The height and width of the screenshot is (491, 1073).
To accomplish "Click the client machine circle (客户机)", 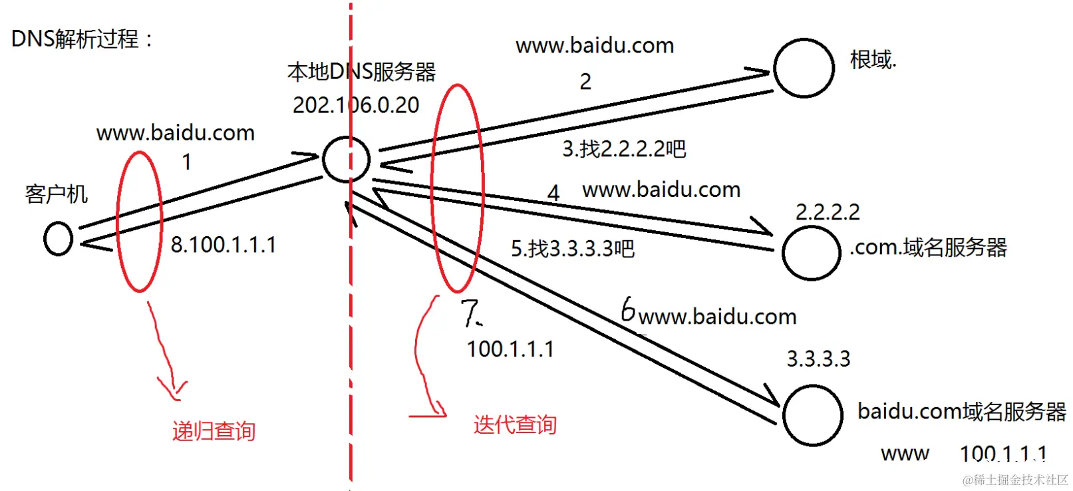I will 58,239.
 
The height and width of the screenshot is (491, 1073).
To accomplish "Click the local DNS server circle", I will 346,160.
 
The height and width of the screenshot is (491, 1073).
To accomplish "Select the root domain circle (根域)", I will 804,68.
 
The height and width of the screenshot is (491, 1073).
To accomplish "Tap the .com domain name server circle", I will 811,253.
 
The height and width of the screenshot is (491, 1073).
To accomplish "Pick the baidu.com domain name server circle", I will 812,415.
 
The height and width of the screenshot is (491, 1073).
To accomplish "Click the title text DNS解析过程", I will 81,39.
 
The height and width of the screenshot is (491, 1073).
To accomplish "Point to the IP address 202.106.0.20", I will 356,105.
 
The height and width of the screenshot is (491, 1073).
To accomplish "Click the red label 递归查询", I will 214,431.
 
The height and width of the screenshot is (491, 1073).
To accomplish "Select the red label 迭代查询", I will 515,424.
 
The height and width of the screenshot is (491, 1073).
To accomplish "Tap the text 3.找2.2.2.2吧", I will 624,149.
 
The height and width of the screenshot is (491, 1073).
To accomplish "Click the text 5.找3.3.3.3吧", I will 573,249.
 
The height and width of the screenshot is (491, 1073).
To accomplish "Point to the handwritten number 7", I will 470,313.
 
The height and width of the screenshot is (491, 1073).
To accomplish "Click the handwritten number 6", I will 627,309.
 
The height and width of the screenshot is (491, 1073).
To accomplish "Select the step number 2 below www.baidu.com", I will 585,82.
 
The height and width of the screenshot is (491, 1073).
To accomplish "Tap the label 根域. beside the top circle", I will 873,60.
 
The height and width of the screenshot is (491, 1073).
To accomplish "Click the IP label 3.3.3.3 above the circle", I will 818,359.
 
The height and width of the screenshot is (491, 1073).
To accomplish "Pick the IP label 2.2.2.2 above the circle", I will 828,212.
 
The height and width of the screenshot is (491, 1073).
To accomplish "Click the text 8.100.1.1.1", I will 224,245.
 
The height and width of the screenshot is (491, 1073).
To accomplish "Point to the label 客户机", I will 57,194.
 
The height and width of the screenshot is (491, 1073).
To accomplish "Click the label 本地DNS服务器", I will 361,72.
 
